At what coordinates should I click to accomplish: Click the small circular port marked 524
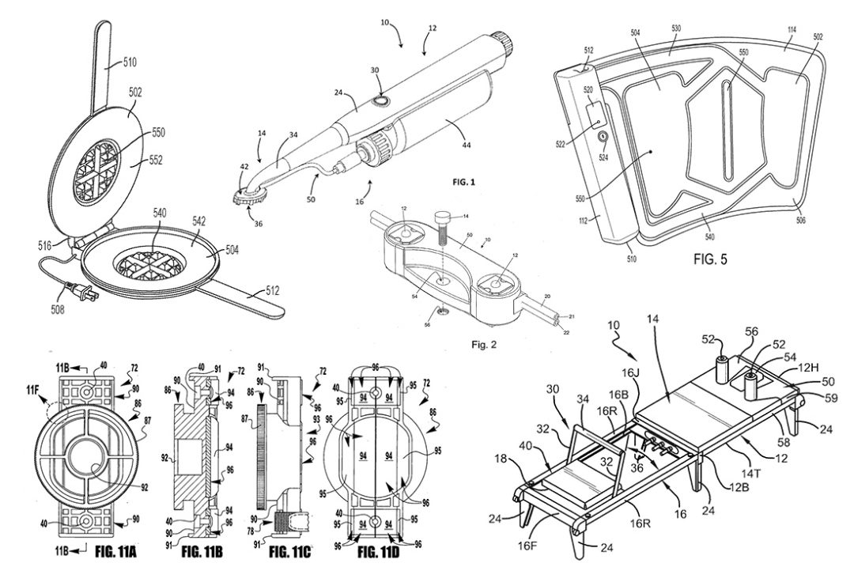click(x=602, y=138)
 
